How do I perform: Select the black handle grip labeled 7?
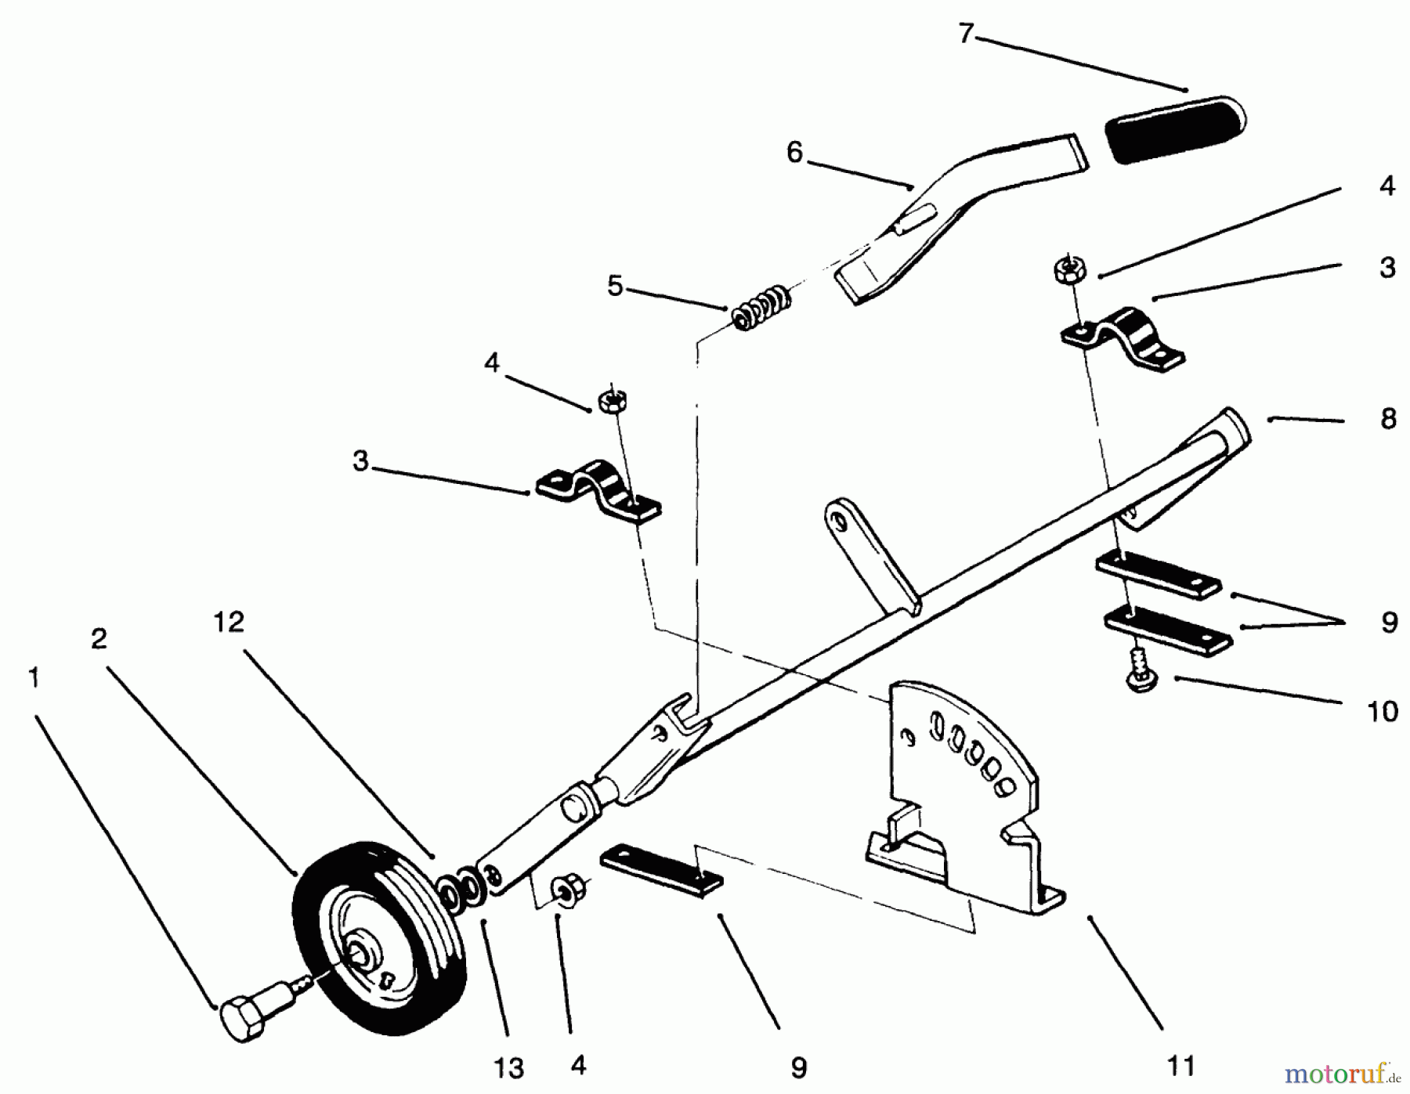pos(1175,129)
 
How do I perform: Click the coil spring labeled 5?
pos(760,307)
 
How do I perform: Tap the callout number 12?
pos(229,623)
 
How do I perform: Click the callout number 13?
pos(508,1068)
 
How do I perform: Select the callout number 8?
pos(1388,419)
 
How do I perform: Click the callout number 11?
pos(1180,1065)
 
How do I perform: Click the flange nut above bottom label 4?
pos(564,891)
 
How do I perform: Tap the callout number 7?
pos(965,34)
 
